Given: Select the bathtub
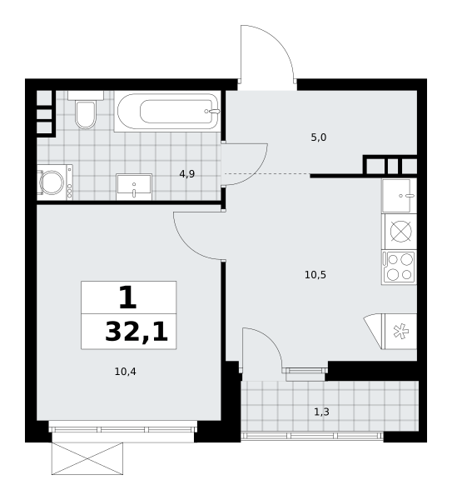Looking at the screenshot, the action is (x=167, y=112).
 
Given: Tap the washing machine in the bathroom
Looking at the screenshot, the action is (x=55, y=182).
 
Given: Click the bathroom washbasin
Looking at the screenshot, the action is (x=134, y=187).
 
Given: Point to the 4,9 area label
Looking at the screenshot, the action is (x=187, y=174).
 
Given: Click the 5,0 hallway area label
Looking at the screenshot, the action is (x=319, y=137).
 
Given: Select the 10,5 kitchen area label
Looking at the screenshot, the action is (x=315, y=275).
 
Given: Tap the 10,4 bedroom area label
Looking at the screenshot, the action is (x=125, y=372).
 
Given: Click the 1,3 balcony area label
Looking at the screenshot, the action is (x=321, y=412).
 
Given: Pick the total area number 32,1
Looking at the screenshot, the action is (x=137, y=332).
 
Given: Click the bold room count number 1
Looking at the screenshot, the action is (x=128, y=297).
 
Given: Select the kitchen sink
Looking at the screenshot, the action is (x=399, y=196).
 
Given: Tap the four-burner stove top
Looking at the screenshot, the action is (x=400, y=267).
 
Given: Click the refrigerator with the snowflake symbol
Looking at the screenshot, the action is (x=399, y=332).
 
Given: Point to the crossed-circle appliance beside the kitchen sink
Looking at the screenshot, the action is (x=400, y=231).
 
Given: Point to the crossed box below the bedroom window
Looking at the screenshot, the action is (x=87, y=458).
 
